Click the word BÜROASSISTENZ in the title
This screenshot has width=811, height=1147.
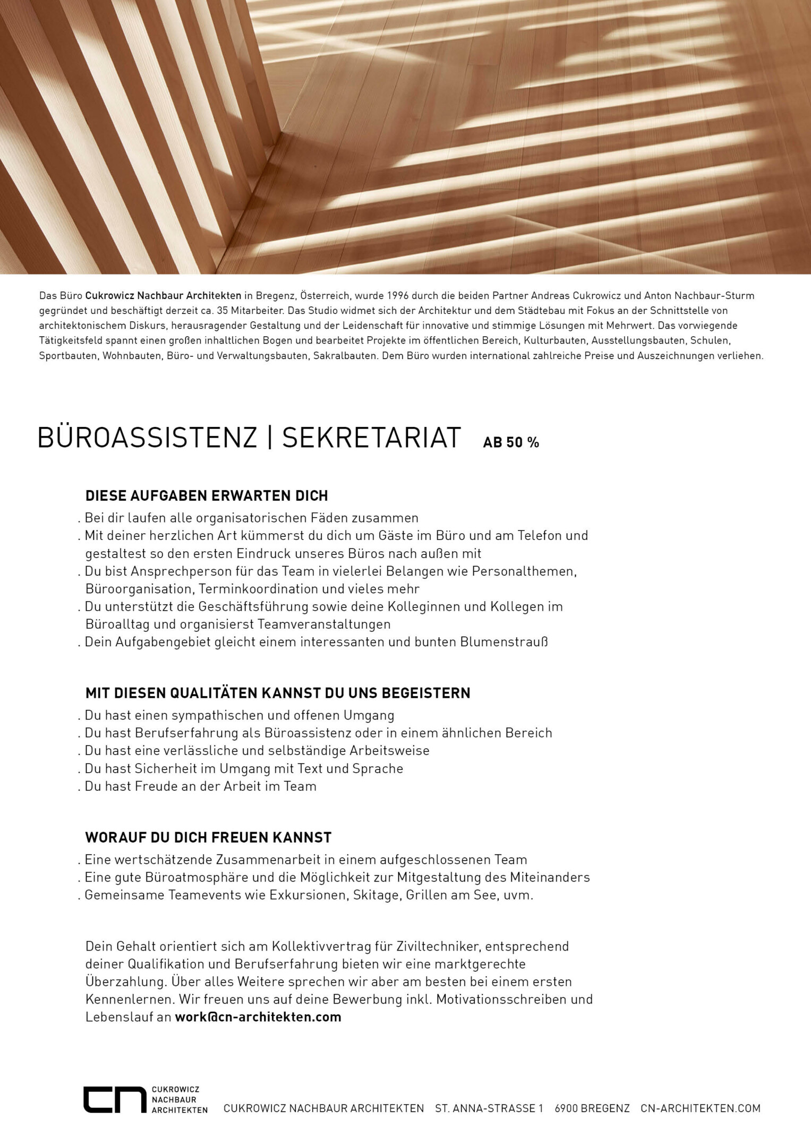[x=147, y=438]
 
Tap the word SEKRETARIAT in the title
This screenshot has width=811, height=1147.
[x=371, y=438]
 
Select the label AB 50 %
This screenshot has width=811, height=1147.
[x=510, y=442]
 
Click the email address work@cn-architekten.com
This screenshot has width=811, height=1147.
[x=258, y=1017]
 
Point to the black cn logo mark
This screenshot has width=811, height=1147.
[x=114, y=1100]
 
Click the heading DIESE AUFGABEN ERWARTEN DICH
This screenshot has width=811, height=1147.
[x=207, y=496]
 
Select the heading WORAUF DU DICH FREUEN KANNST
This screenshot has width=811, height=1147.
[x=208, y=838]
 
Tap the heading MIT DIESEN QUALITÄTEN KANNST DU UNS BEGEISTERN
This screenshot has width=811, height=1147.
[x=278, y=694]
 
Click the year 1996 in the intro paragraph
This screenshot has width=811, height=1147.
[x=398, y=296]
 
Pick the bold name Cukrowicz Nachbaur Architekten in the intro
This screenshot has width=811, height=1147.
[x=163, y=296]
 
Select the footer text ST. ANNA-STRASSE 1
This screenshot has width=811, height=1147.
[x=489, y=1109]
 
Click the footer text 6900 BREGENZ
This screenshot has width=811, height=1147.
[x=592, y=1109]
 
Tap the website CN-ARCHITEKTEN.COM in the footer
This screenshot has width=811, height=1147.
[x=700, y=1109]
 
